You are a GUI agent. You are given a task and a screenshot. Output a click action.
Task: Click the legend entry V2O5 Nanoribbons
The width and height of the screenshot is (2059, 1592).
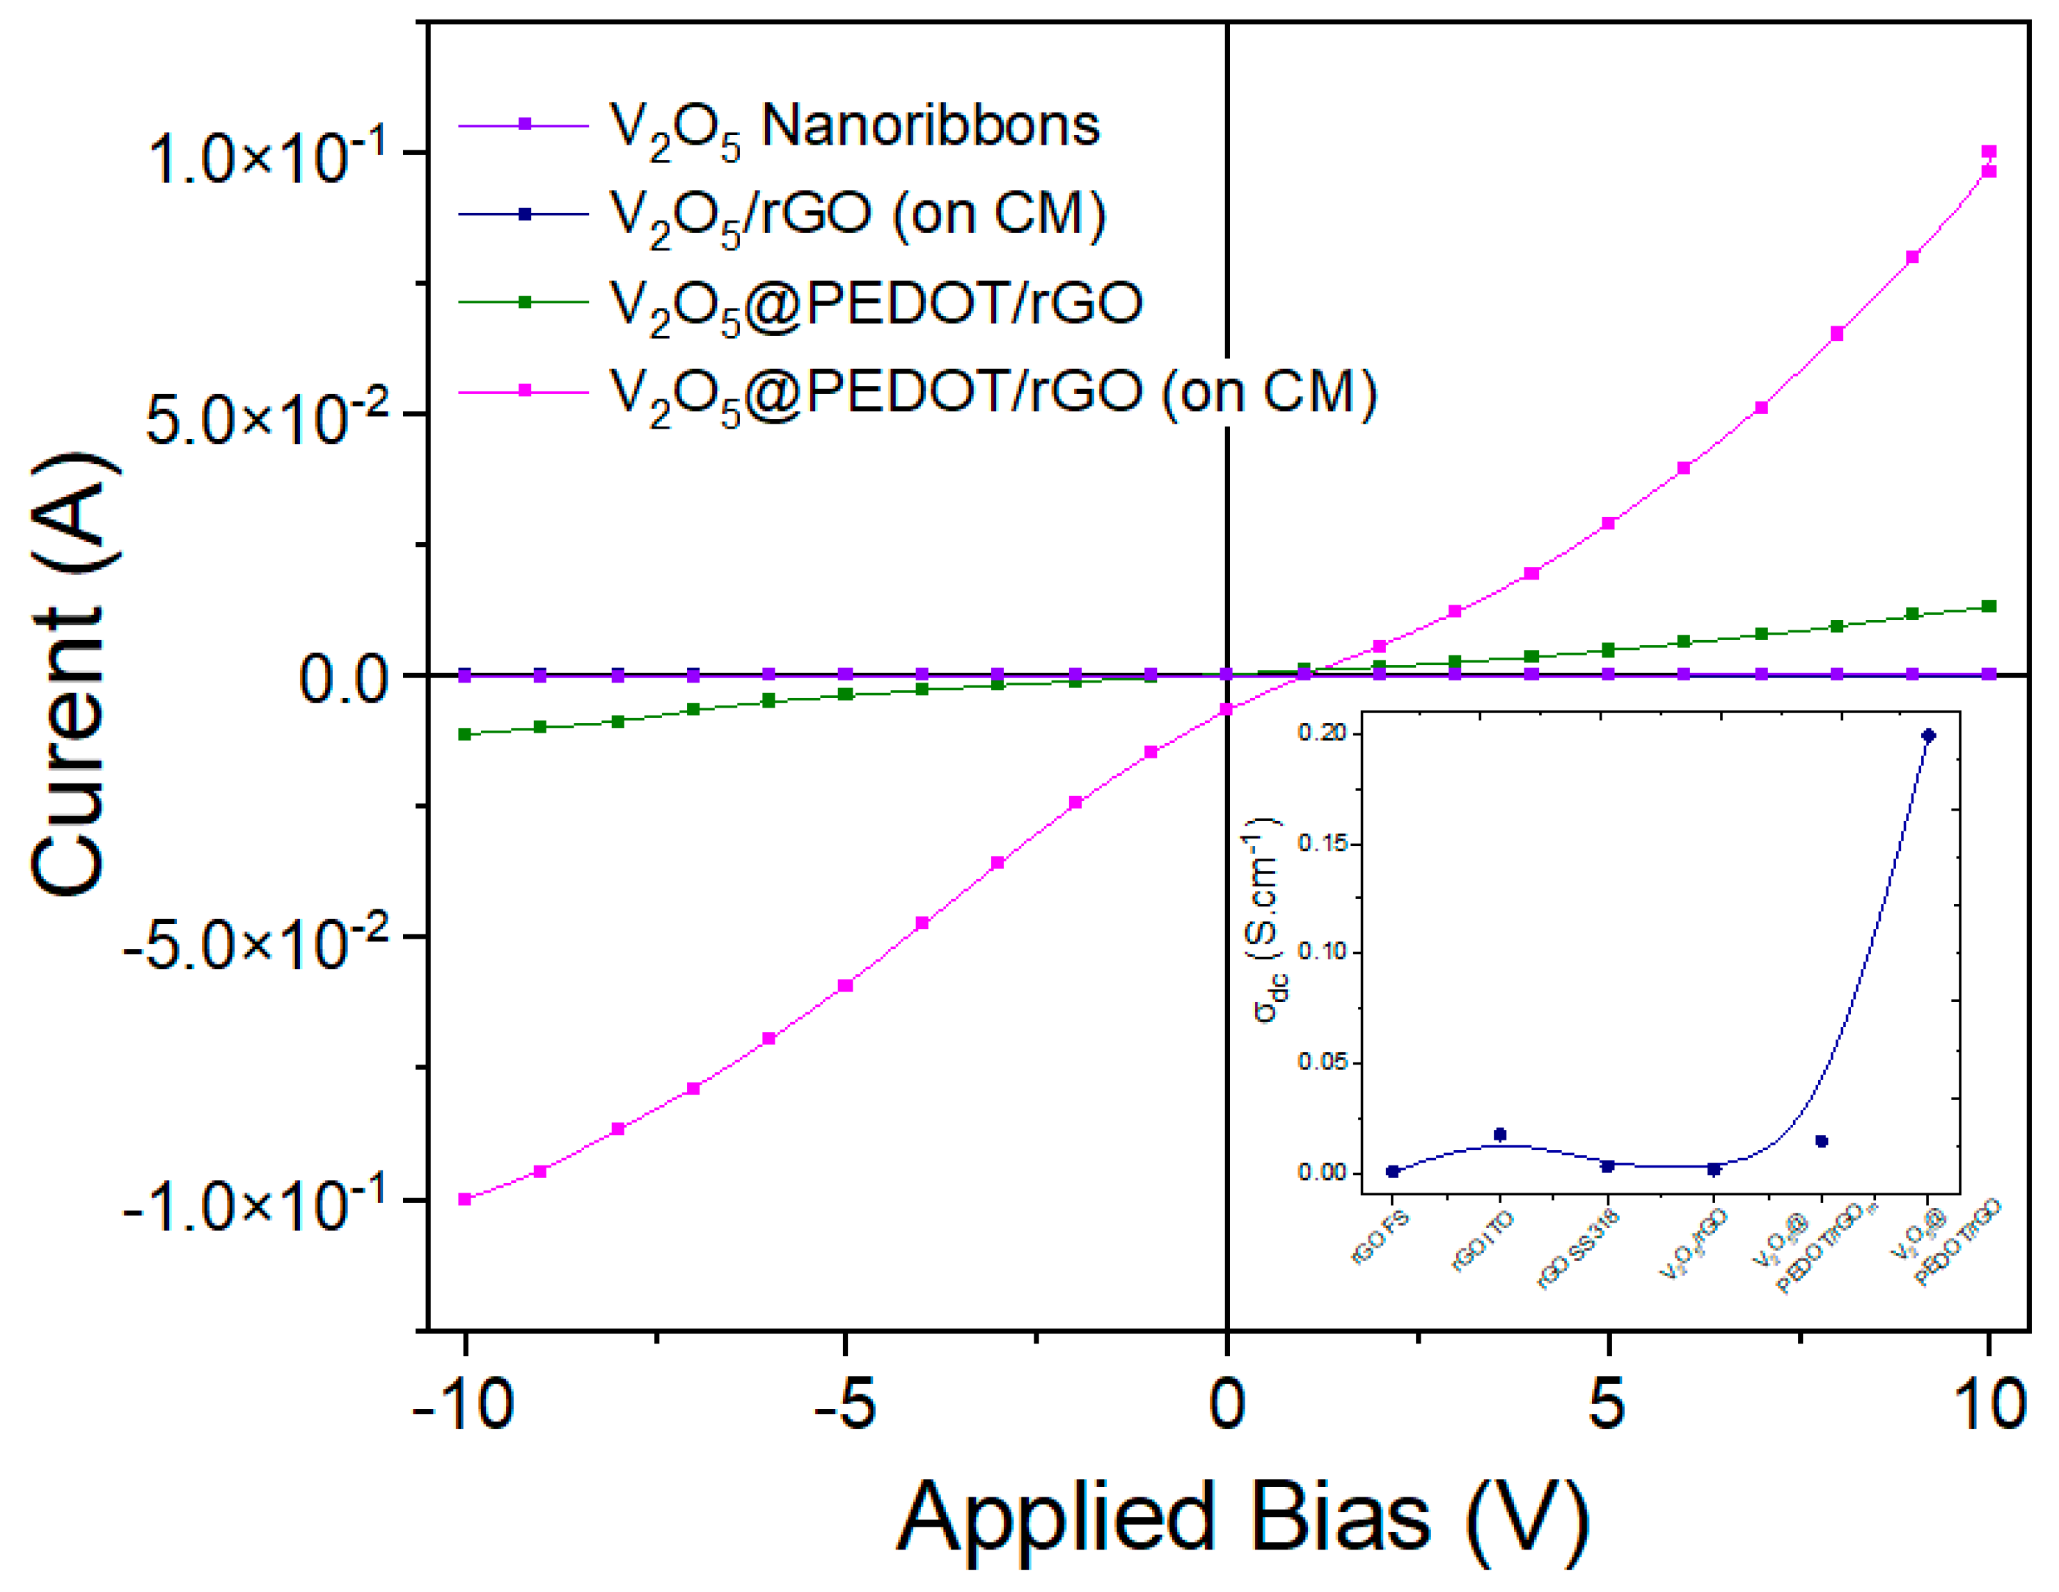coord(853,127)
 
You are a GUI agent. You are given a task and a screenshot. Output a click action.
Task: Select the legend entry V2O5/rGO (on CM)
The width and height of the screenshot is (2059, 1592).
coord(857,215)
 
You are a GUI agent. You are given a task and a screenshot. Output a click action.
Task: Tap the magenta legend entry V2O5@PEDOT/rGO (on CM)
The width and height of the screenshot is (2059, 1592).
coord(993,391)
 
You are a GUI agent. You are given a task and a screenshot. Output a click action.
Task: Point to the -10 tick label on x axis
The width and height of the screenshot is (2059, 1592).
coord(464,1404)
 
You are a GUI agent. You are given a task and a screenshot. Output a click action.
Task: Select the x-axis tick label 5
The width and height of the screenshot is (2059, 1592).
coord(1607,1404)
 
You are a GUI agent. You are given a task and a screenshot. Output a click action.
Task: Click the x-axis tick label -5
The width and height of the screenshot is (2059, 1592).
coord(845,1404)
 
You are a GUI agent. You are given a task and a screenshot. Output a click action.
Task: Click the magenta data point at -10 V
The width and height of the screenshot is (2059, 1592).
coord(465,1199)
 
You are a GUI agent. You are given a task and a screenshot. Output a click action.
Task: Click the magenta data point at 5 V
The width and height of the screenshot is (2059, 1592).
coord(1609,523)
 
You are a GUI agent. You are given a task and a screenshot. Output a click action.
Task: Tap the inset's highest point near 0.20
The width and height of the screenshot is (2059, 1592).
coord(1928,736)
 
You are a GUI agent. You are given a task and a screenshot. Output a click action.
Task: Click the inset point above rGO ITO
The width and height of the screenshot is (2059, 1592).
coord(1500,1135)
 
